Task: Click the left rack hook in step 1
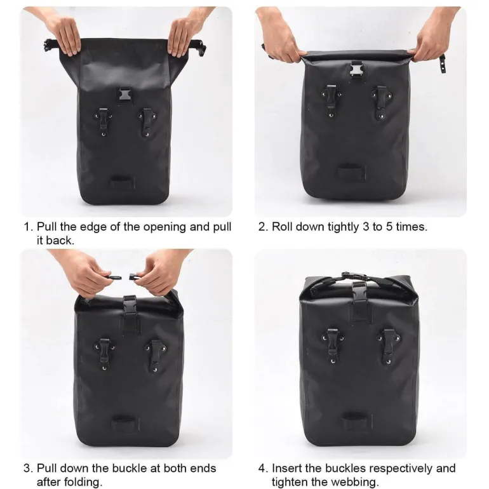pyautogui.click(x=104, y=122)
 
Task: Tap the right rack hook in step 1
pyautogui.click(x=147, y=122)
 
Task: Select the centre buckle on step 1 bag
pyautogui.click(x=125, y=94)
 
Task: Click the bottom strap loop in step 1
pyautogui.click(x=122, y=181)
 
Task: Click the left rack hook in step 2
pyautogui.click(x=332, y=101)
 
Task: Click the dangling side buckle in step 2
pyautogui.click(x=443, y=64)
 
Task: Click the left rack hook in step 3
pyautogui.click(x=104, y=354)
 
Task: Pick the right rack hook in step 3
pyautogui.click(x=155, y=356)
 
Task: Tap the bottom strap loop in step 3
pyautogui.click(x=124, y=422)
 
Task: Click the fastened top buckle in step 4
pyautogui.click(x=355, y=276)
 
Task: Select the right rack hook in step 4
pyautogui.click(x=388, y=347)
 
